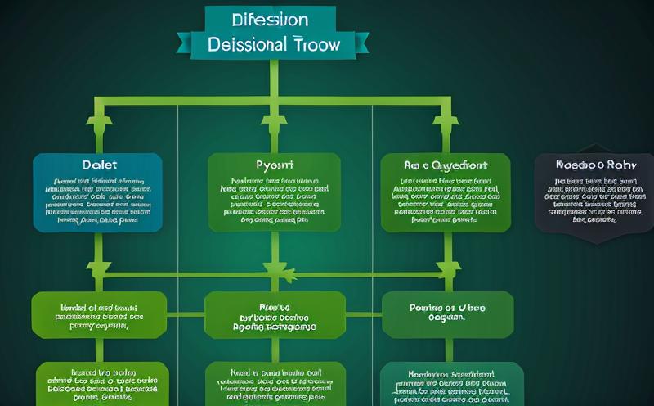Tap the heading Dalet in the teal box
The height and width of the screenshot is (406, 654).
(97, 165)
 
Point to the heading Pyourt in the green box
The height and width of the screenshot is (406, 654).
(273, 165)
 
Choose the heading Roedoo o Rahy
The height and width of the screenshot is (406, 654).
(594, 165)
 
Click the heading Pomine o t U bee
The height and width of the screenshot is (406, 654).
(447, 308)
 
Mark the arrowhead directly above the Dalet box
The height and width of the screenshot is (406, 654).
(99, 124)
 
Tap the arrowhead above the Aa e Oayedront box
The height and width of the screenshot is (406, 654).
(446, 124)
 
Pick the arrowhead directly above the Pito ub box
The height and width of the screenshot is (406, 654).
(273, 273)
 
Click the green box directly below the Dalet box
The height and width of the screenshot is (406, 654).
(99, 315)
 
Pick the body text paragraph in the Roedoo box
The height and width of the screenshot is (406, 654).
(594, 200)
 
